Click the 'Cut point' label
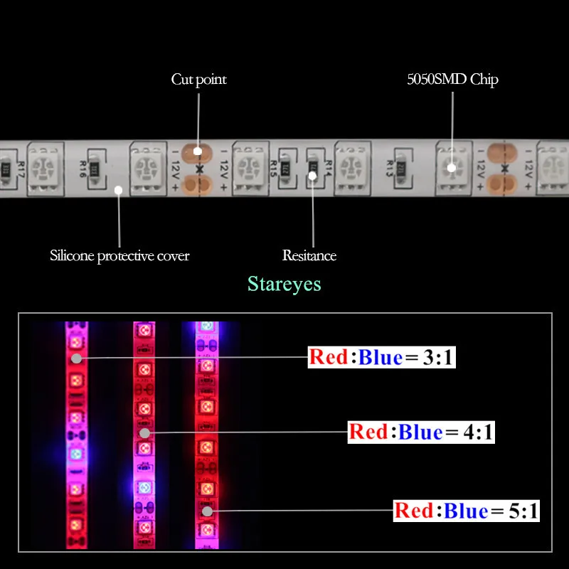[x=198, y=79]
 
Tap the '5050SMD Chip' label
[x=452, y=79]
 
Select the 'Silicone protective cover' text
[x=119, y=255]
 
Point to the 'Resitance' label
[x=309, y=255]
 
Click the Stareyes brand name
[x=284, y=284]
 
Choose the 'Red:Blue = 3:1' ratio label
[x=381, y=357]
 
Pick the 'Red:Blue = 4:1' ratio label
[x=421, y=432]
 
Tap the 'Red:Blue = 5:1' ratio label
[x=467, y=511]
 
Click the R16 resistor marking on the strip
[x=84, y=169]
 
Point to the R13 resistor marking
[x=390, y=167]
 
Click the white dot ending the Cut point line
[x=198, y=150]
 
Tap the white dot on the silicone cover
[x=119, y=190]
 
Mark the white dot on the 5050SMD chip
[x=451, y=168]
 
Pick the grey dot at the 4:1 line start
[x=144, y=432]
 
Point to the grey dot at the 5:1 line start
[x=206, y=511]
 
